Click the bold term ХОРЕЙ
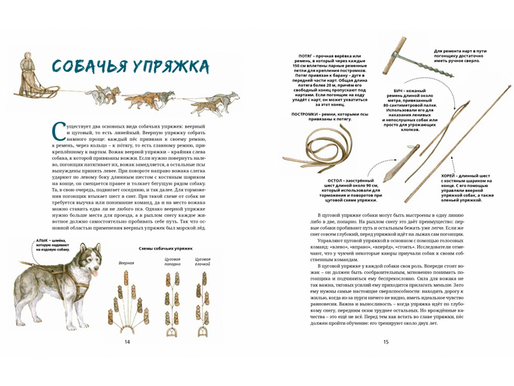coord(436,174)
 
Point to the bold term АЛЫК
coord(34,240)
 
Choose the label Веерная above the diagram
coord(127,263)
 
